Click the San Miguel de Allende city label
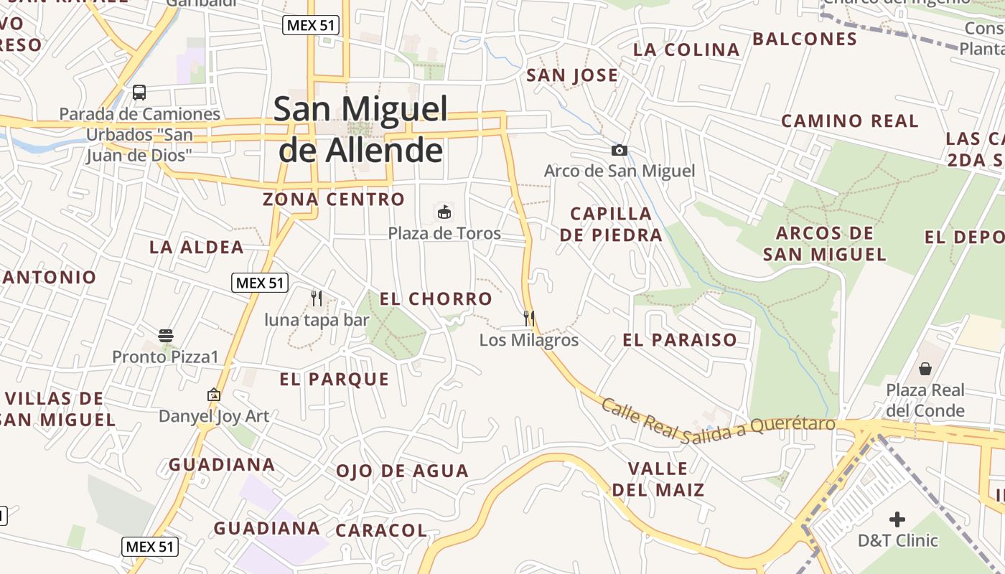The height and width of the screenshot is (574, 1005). pos(360,129)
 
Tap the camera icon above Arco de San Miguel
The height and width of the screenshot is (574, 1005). pos(619,150)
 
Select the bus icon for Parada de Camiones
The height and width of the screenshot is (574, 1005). pos(139,93)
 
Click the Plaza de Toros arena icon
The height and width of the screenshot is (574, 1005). pos(444,212)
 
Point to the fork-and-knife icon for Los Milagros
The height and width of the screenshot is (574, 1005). pos(529,318)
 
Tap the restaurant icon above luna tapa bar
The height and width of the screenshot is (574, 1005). pos(316,298)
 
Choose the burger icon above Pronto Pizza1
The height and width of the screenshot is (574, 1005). pos(166,335)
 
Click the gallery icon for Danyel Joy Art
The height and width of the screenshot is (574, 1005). pos(213,395)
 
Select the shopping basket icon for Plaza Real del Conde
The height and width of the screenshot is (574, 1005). pos(925,369)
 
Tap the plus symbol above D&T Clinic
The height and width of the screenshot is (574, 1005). pos(897,519)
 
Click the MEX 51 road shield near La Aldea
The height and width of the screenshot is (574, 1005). pos(260,283)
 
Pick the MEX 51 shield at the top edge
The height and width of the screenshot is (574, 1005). pos(311,25)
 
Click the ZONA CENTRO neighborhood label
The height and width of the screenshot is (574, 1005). pos(334,199)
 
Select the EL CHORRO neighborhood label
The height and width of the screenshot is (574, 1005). pos(436,298)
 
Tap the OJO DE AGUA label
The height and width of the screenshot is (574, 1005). pos(402,471)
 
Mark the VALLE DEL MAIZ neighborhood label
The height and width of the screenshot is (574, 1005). pos(658,479)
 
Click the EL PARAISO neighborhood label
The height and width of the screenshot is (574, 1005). pos(680,339)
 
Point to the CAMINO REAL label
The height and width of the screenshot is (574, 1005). pos(849,121)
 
